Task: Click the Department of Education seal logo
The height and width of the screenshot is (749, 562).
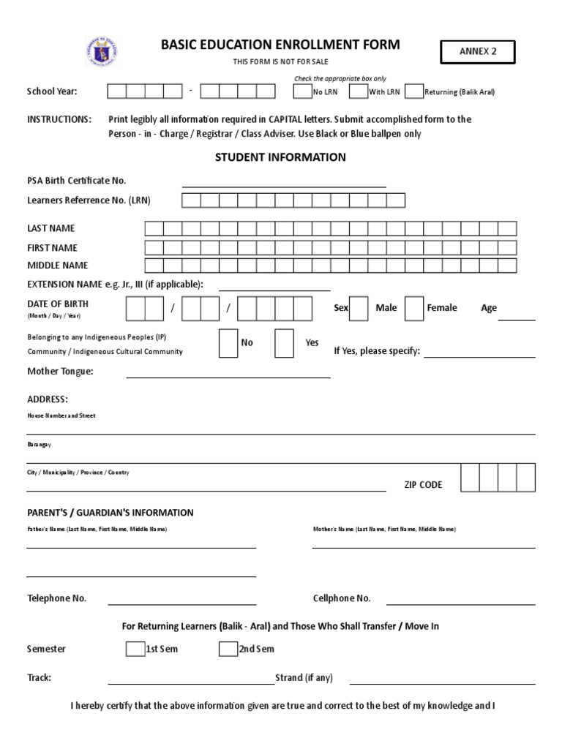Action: click(x=102, y=52)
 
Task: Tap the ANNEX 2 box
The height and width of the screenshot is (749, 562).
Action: click(x=477, y=52)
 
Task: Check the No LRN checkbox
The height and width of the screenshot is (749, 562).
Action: click(x=301, y=91)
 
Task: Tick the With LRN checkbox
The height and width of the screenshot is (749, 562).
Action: click(x=358, y=91)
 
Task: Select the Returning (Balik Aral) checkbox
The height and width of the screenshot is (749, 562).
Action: click(x=413, y=91)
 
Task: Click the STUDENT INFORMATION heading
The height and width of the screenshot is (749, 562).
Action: click(x=280, y=157)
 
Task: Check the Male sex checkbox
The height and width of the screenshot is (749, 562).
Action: click(x=359, y=308)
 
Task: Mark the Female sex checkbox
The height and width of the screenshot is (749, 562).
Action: click(x=413, y=308)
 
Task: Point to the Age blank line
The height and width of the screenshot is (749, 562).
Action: click(x=517, y=318)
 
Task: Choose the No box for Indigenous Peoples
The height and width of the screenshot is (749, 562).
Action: click(x=228, y=343)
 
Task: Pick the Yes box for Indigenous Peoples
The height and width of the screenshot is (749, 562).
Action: click(x=284, y=343)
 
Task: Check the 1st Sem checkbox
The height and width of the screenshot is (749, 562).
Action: click(x=135, y=649)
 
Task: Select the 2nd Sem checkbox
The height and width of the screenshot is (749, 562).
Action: click(x=228, y=649)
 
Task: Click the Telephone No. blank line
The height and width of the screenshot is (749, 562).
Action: click(x=182, y=603)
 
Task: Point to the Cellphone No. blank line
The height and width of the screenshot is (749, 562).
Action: click(x=460, y=603)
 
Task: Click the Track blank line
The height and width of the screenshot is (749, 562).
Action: click(x=191, y=682)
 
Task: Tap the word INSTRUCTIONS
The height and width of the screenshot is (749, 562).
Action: click(x=59, y=119)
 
